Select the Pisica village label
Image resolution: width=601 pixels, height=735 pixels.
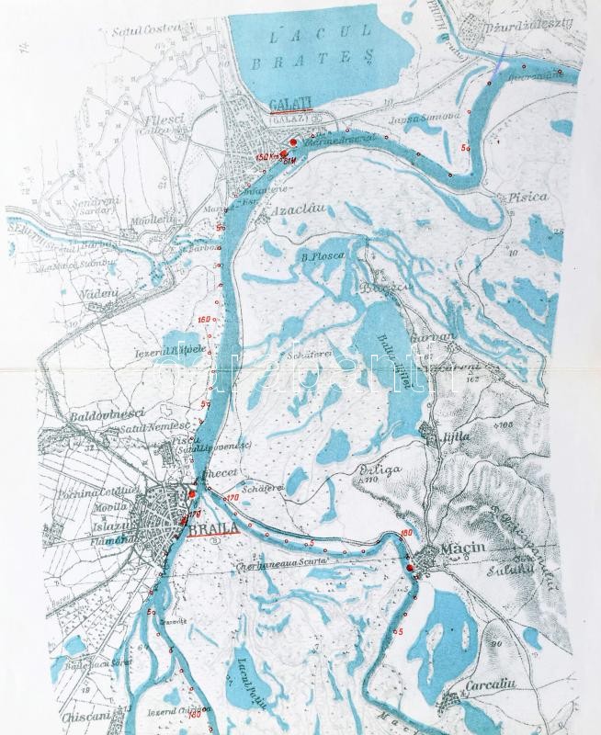tap(526, 197)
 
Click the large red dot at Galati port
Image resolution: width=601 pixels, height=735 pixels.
tap(293, 141)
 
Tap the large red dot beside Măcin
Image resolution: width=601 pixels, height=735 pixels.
tap(410, 569)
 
